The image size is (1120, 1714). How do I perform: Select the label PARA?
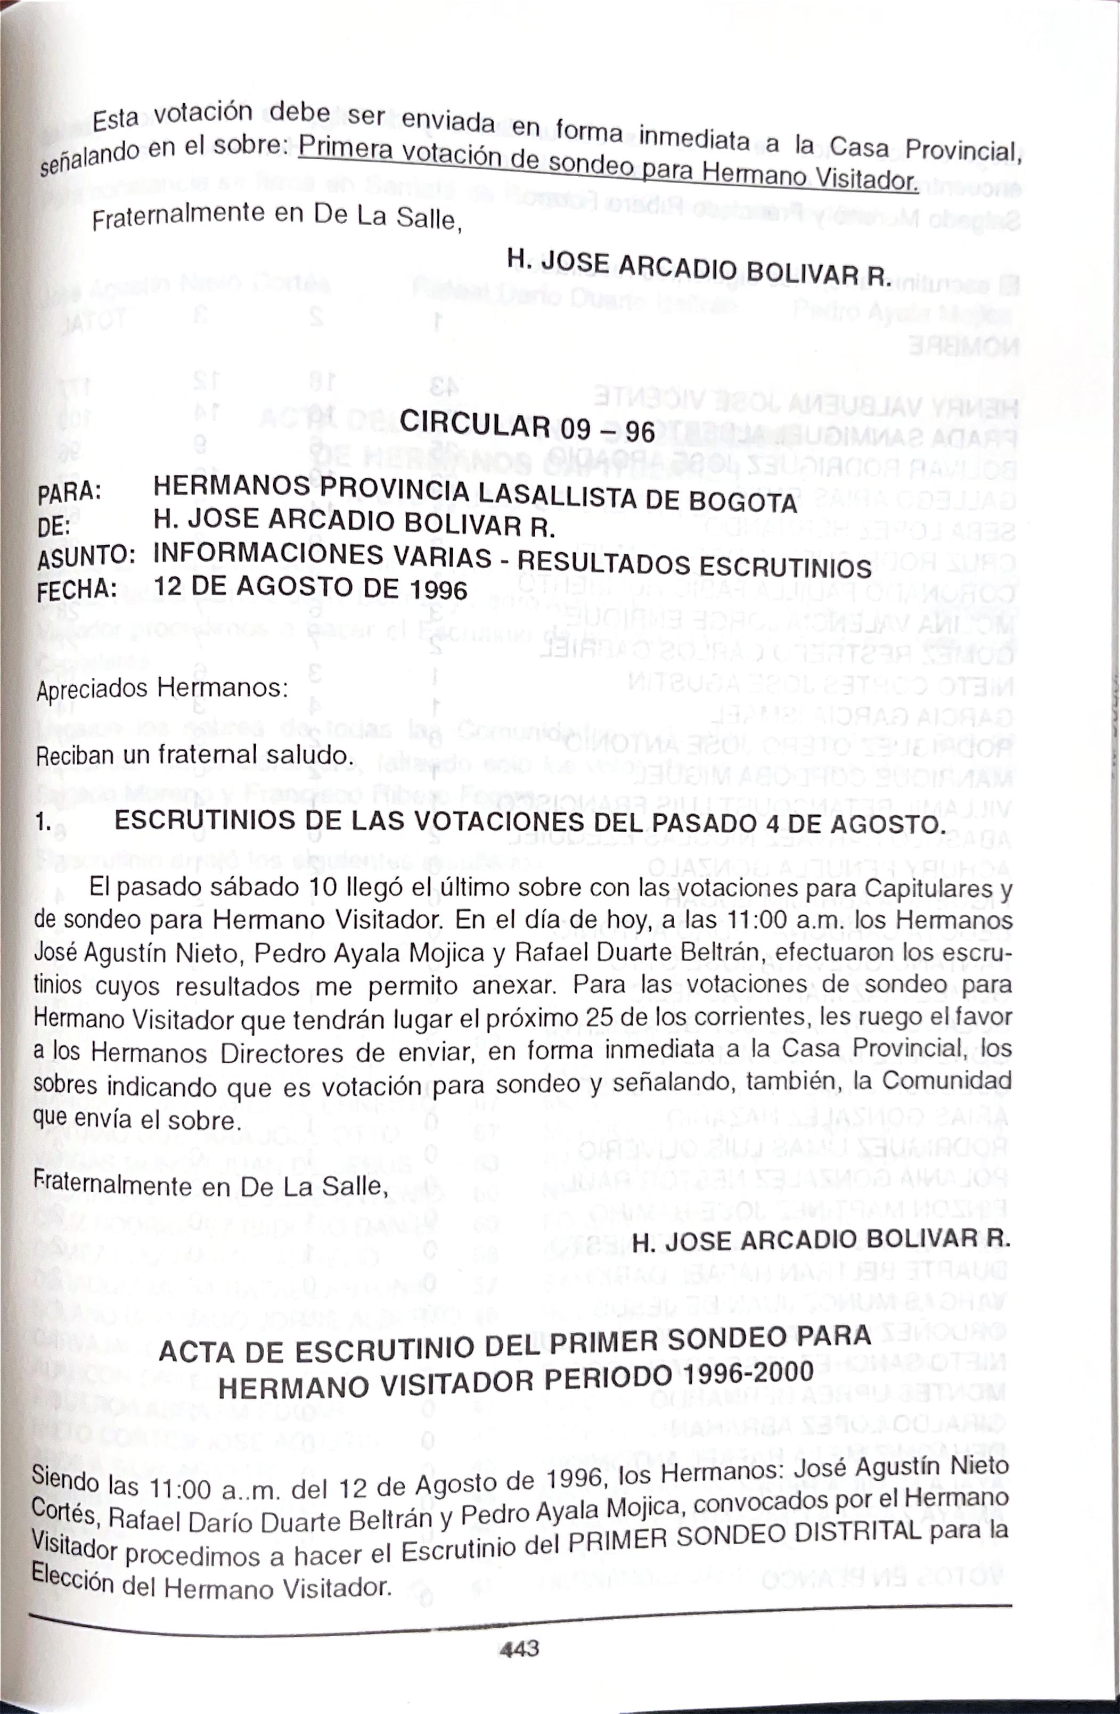coord(69,493)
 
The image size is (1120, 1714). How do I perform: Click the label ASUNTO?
coord(86,556)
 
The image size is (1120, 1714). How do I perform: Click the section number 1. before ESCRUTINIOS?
coord(45,822)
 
